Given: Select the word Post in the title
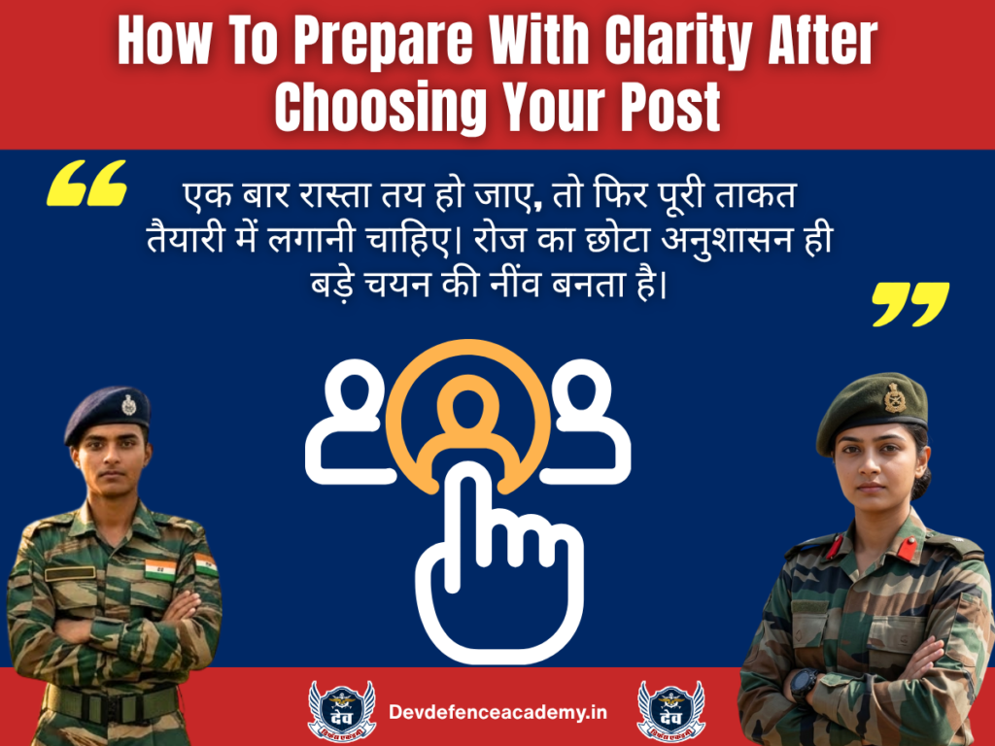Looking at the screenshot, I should click(x=674, y=108).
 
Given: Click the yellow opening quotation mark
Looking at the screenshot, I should click(x=86, y=185).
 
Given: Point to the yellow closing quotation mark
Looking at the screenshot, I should click(x=909, y=304).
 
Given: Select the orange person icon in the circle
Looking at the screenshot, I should click(x=466, y=413).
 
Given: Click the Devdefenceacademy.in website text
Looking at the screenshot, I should click(x=497, y=712).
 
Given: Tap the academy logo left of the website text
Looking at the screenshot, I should click(x=341, y=711).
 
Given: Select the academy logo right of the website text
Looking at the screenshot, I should click(x=670, y=711).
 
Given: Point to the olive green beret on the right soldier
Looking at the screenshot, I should click(x=871, y=408).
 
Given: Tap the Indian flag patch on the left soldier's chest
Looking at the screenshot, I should click(x=160, y=567).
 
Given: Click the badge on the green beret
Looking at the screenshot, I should click(x=894, y=397).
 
